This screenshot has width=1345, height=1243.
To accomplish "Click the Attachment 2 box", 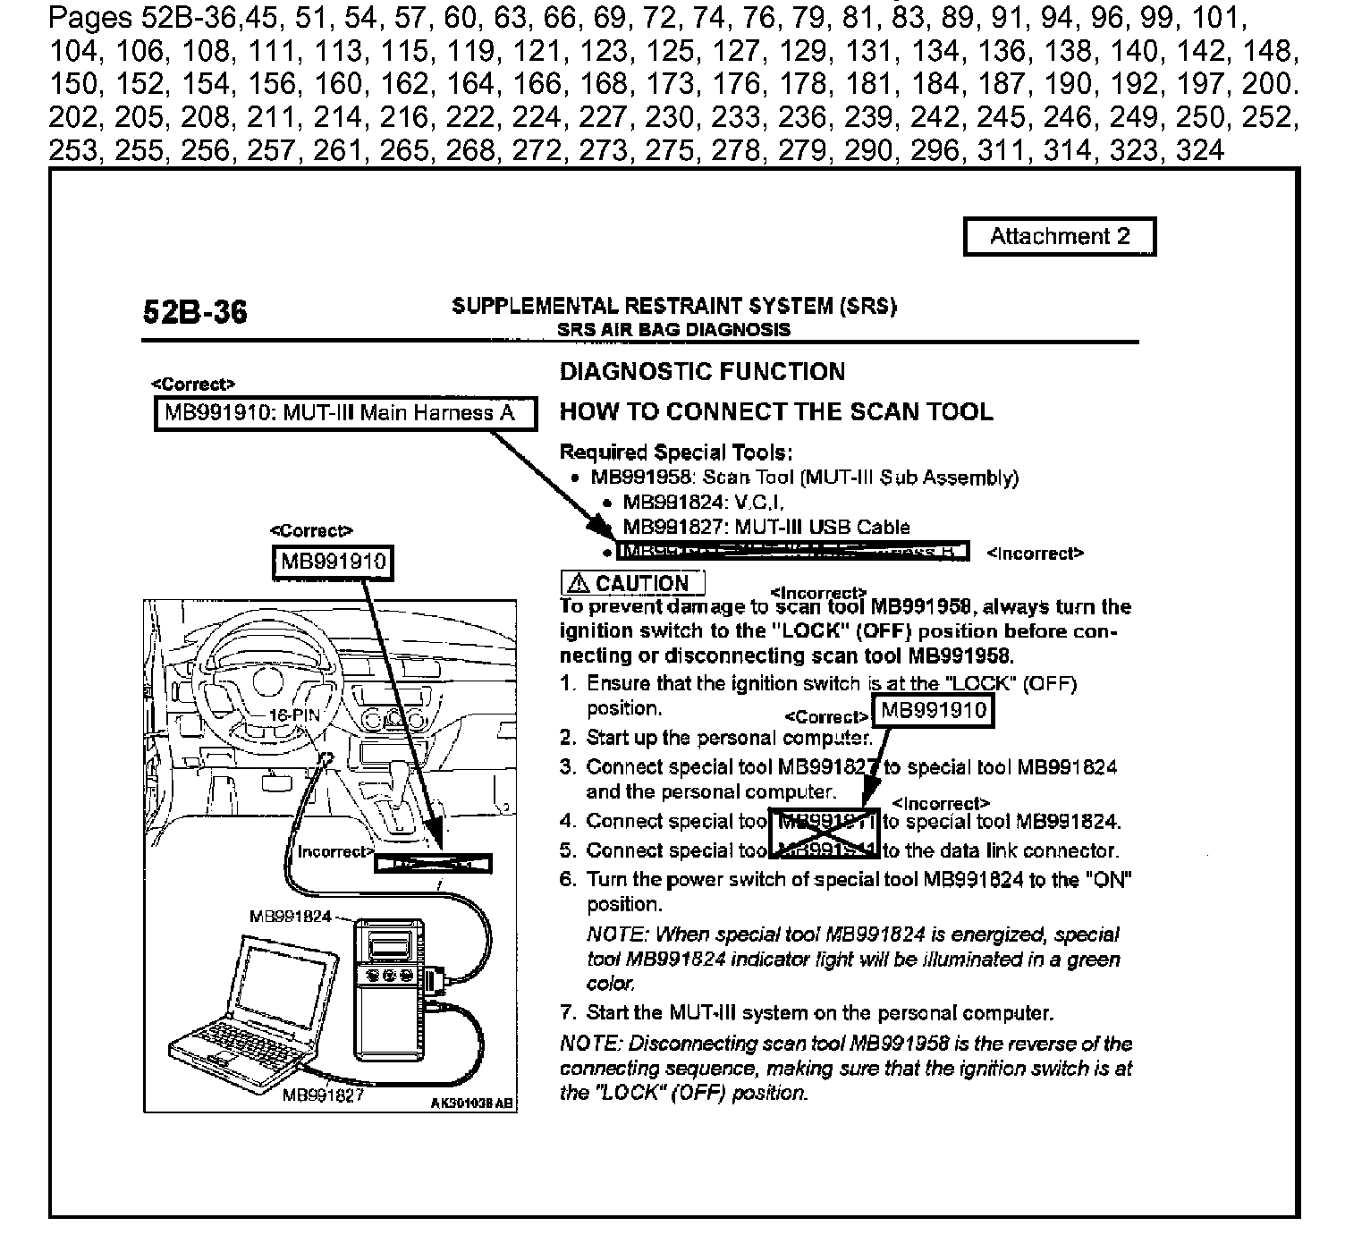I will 1059,237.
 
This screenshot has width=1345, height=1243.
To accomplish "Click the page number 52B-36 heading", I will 195,312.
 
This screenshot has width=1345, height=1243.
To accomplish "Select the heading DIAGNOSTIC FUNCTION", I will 702,372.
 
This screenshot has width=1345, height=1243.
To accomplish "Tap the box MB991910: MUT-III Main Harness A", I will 346,413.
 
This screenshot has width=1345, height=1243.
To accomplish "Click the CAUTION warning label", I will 632,583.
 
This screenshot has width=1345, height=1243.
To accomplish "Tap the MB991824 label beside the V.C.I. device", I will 291,917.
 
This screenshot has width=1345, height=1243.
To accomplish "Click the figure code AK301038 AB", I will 472,1103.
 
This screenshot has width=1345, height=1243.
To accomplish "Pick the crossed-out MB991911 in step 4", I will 825,821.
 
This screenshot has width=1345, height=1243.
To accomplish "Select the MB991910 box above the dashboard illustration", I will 333,562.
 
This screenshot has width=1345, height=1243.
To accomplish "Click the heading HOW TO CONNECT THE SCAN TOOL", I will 775,412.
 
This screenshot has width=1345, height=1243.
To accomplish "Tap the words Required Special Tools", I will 676,452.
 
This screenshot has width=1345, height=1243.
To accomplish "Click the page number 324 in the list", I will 1200,149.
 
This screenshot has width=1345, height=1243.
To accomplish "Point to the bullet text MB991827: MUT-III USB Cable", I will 766,527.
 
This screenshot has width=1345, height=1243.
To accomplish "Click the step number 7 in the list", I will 567,1013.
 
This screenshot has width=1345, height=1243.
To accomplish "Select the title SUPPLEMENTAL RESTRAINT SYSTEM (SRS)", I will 674,307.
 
